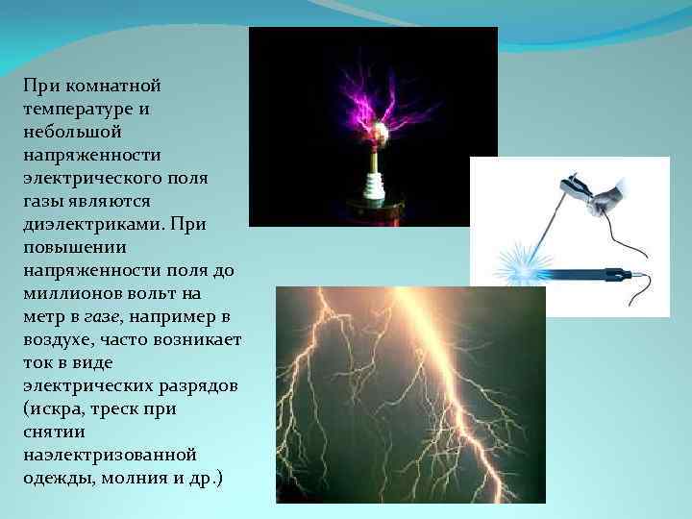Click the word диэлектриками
tap(94, 225)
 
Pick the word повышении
tap(69, 248)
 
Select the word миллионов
tap(69, 294)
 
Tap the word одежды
tap(57, 479)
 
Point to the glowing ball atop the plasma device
tap(383, 134)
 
